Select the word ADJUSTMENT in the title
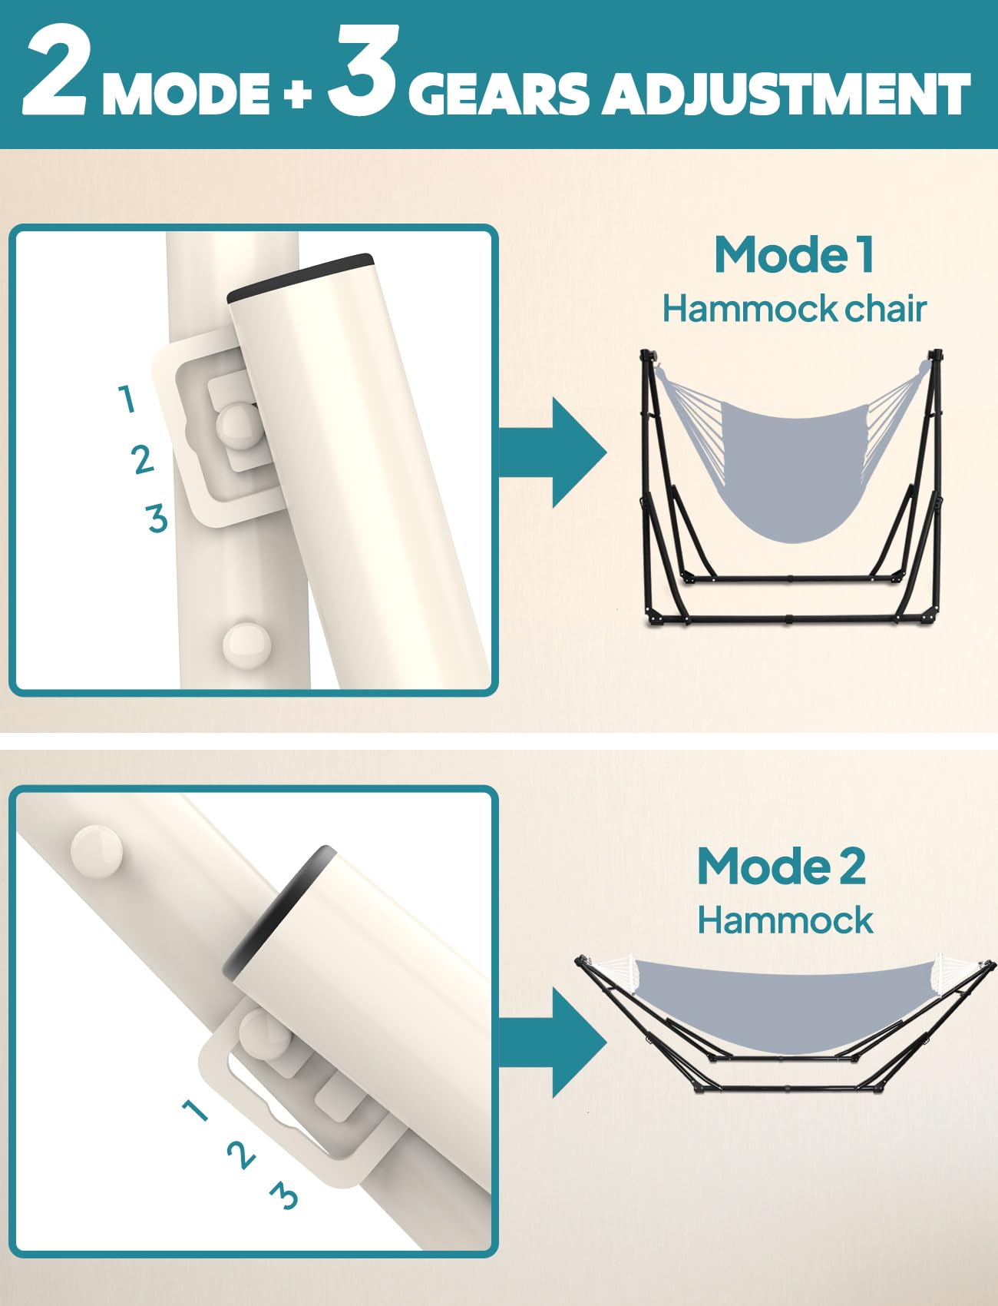coord(788,94)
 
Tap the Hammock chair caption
coord(794,309)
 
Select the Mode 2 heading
coord(782,866)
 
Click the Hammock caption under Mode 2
coord(785,920)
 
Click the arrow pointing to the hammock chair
coord(553,452)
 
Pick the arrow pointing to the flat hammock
coord(553,1042)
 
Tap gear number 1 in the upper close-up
coord(127,399)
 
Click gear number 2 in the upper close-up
coord(143,459)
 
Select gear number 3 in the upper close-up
coord(157,518)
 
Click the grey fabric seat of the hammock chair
coord(794,469)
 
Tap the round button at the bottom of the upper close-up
coord(247,642)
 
